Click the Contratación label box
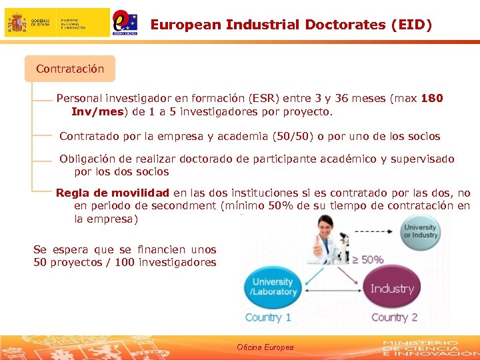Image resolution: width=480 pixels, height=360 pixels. pos(70,69)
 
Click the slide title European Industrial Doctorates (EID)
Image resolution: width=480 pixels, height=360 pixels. pos(291,25)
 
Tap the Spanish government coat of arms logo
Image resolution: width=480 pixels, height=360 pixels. pos(17,23)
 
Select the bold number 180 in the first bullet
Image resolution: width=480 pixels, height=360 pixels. pos(432,98)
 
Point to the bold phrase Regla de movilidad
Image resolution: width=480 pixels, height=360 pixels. pos(112,193)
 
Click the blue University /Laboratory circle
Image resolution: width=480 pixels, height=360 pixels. pos(273,287)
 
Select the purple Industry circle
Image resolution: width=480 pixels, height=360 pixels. pos(392,289)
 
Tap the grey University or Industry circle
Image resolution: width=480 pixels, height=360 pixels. pos(420,231)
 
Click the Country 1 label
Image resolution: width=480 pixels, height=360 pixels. pos(268,317)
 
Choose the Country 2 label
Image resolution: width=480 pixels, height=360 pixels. pos(394,317)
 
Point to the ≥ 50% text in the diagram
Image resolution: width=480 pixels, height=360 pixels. pos(367,259)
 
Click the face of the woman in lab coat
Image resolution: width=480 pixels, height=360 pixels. pos(325,227)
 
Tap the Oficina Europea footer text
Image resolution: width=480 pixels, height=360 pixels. pos(265,347)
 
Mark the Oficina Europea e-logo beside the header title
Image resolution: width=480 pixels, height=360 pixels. pos(125,22)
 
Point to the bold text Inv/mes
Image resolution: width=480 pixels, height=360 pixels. pos(97,111)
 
